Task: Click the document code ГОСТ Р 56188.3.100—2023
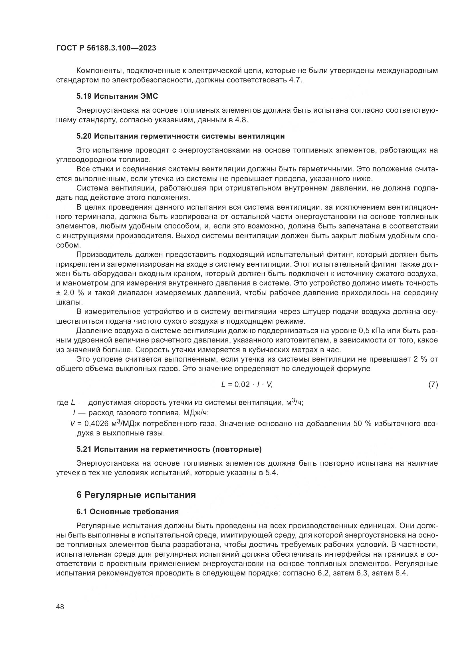[x=106, y=48]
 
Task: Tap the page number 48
[x=60, y=607]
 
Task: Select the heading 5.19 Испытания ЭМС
[x=117, y=96]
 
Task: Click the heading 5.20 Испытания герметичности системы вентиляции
[x=180, y=136]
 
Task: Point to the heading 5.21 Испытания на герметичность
[x=169, y=449]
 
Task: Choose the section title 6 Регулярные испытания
[x=136, y=495]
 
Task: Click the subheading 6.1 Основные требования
[x=128, y=512]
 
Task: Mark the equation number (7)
[x=433, y=385]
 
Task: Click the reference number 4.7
[x=295, y=80]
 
